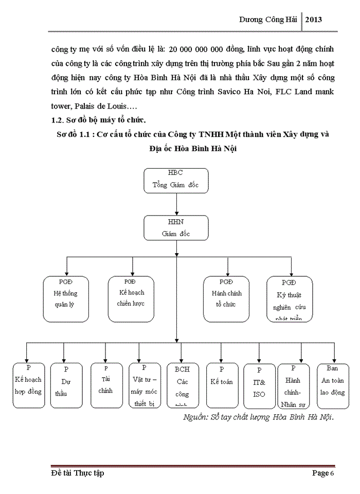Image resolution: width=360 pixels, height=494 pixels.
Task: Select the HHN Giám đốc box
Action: click(x=176, y=227)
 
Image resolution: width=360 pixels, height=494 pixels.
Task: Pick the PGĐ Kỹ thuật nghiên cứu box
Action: click(x=289, y=298)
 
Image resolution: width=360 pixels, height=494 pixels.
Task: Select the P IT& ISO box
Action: click(x=259, y=386)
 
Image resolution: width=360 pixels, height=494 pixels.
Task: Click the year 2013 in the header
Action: click(x=314, y=19)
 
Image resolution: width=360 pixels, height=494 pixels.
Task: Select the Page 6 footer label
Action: click(x=323, y=473)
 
